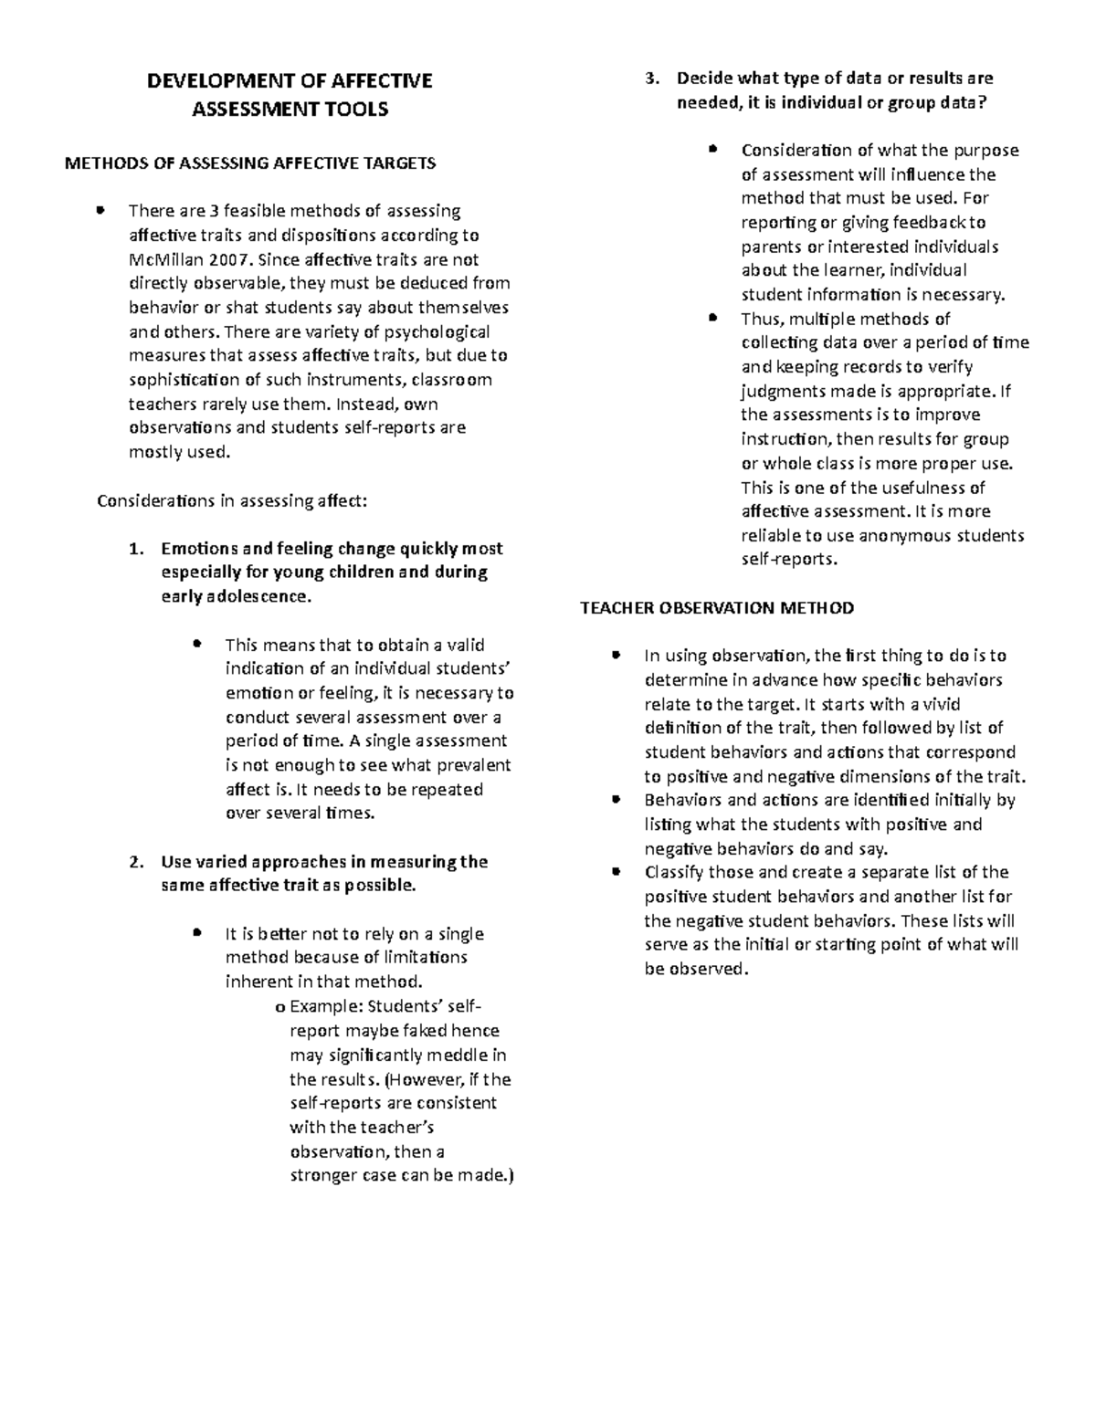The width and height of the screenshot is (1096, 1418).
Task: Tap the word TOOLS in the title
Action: (353, 110)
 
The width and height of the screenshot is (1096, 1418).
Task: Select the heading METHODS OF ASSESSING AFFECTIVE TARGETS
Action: (248, 163)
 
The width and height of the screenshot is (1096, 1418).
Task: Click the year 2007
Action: (227, 259)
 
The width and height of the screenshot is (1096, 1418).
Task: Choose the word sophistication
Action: (182, 380)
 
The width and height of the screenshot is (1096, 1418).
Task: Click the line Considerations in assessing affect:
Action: (232, 500)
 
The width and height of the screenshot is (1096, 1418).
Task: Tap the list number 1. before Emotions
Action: (136, 549)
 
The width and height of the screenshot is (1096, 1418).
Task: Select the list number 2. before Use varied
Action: (136, 862)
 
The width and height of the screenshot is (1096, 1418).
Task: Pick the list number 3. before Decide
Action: (651, 79)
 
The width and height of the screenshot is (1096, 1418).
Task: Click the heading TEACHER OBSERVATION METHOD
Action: (717, 608)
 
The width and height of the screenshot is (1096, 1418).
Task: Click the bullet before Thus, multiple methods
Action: (713, 319)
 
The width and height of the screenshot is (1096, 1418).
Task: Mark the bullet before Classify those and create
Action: (616, 872)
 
